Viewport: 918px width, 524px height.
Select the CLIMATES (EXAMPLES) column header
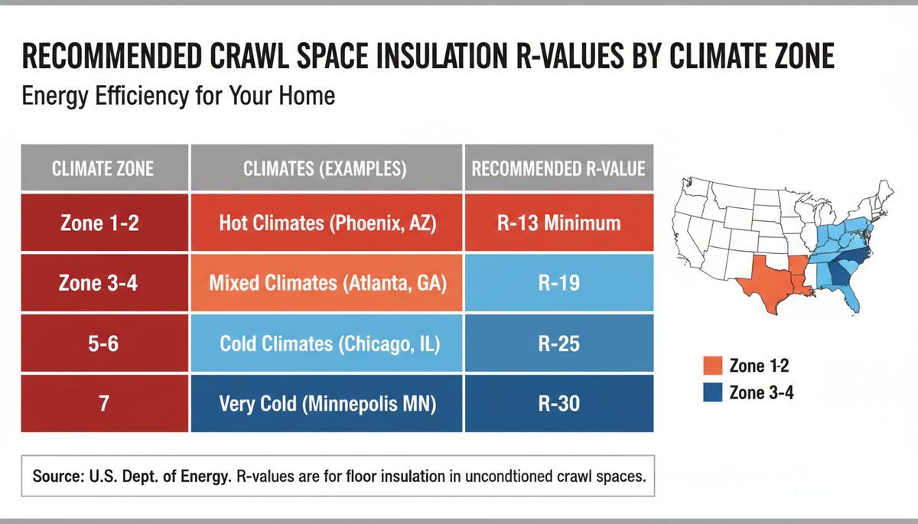[x=326, y=168]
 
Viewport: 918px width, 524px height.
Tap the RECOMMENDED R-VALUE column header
[x=558, y=168]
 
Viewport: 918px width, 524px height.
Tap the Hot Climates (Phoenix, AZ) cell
[x=326, y=223]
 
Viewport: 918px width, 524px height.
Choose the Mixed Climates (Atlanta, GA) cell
[x=326, y=283]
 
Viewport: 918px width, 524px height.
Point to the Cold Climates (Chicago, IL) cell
[x=326, y=343]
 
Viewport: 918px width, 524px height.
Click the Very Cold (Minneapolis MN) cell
[x=326, y=404]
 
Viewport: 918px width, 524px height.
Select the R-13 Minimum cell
[x=558, y=223]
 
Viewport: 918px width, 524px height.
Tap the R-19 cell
[x=558, y=283]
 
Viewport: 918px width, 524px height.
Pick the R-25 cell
[x=558, y=343]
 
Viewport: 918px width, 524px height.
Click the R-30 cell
[x=558, y=404]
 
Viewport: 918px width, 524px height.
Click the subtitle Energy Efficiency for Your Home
[x=178, y=98]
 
